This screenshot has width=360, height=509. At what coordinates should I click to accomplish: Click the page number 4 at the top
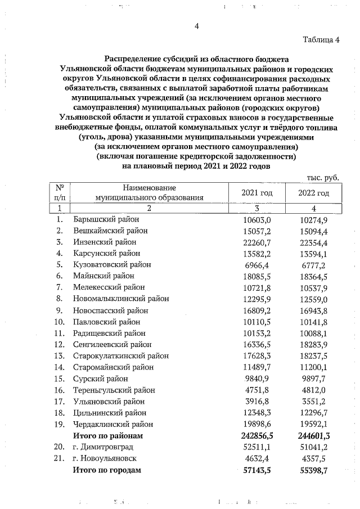(x=196, y=25)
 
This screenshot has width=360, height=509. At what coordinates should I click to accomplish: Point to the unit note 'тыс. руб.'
(x=323, y=177)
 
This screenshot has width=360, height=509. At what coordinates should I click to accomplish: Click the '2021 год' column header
(x=256, y=193)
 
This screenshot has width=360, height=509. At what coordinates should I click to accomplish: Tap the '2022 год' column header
(x=314, y=193)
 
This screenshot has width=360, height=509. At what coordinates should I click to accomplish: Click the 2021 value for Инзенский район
(x=256, y=242)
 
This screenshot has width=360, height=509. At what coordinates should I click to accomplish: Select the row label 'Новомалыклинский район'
(x=121, y=298)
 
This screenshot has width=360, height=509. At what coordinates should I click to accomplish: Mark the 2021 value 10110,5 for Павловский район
(x=256, y=322)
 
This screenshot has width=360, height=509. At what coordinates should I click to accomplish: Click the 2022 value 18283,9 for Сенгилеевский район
(x=314, y=344)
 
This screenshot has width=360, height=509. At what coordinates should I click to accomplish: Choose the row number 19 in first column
(x=59, y=424)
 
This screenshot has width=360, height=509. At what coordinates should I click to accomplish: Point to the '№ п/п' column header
(x=59, y=193)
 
